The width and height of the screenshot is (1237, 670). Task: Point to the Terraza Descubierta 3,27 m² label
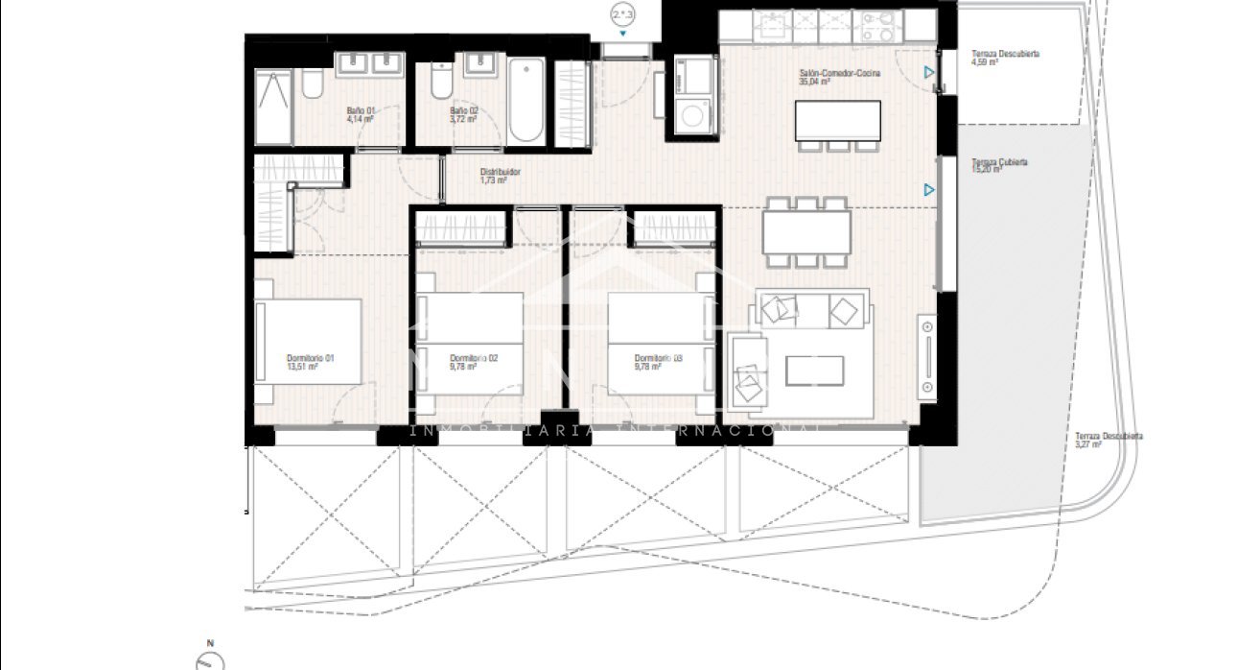tap(1109, 440)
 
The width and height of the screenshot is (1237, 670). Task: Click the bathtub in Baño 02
tap(525, 101)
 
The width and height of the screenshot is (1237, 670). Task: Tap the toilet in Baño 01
tap(312, 87)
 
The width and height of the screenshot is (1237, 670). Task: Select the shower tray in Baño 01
tap(274, 105)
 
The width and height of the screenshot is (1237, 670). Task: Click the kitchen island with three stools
tap(838, 120)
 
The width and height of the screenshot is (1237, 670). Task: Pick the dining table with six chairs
tap(806, 232)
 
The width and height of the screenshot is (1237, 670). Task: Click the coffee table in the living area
tap(814, 371)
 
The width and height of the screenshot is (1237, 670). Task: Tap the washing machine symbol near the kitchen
tap(691, 118)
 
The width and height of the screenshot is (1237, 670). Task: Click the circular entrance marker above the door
tap(622, 13)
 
